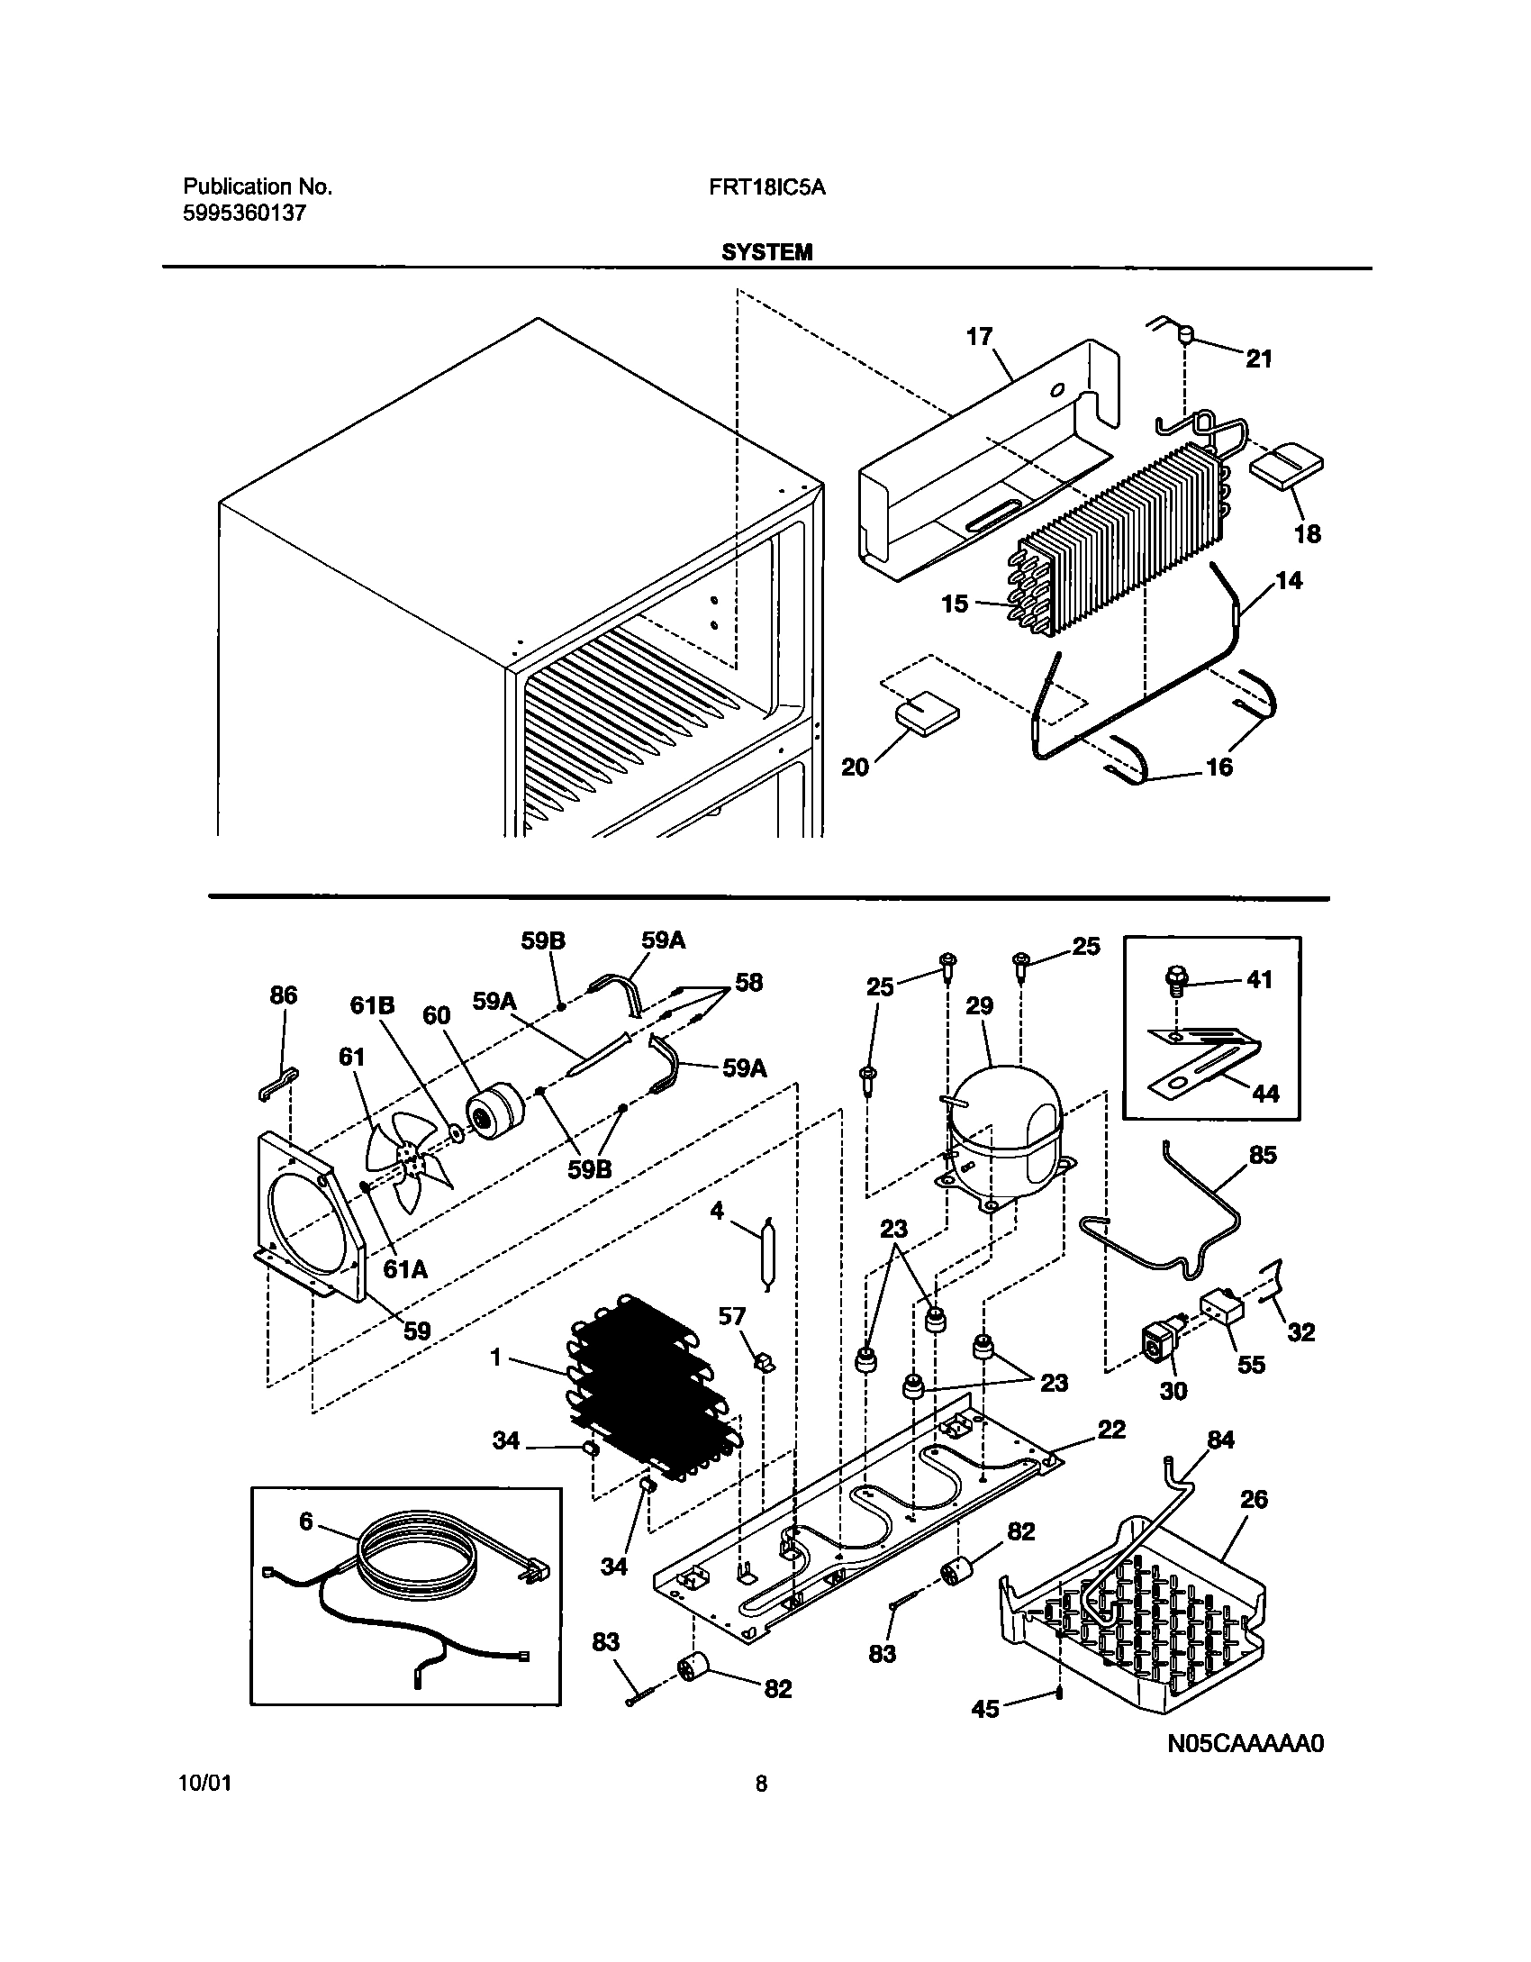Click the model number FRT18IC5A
click(x=774, y=187)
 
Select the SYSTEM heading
click(x=766, y=253)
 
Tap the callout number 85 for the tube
click(x=1263, y=1155)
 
